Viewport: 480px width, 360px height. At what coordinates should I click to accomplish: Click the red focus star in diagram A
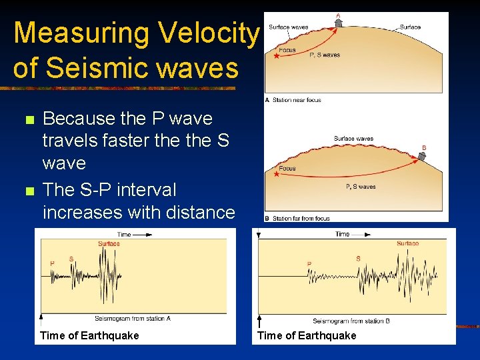[275, 57]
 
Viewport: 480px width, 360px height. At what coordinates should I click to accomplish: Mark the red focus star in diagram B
[276, 175]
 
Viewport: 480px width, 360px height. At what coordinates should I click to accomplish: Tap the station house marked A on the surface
[338, 23]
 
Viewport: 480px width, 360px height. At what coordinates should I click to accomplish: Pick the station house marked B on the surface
[421, 157]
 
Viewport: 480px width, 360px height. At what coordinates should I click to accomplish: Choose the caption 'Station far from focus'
[301, 219]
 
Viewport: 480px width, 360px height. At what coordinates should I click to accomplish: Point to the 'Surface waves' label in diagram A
[288, 27]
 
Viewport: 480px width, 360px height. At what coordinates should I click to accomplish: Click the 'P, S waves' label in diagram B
[361, 187]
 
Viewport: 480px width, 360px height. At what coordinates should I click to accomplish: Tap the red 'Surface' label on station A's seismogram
[109, 244]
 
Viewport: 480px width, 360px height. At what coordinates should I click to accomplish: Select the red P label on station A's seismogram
[53, 263]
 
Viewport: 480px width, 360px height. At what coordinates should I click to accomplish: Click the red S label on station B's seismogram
[359, 259]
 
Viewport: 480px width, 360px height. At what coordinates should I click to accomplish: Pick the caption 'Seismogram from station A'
[133, 319]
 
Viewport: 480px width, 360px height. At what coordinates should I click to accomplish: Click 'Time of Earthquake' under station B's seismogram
[307, 335]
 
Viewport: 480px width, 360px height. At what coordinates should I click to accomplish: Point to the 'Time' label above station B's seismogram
[342, 234]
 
